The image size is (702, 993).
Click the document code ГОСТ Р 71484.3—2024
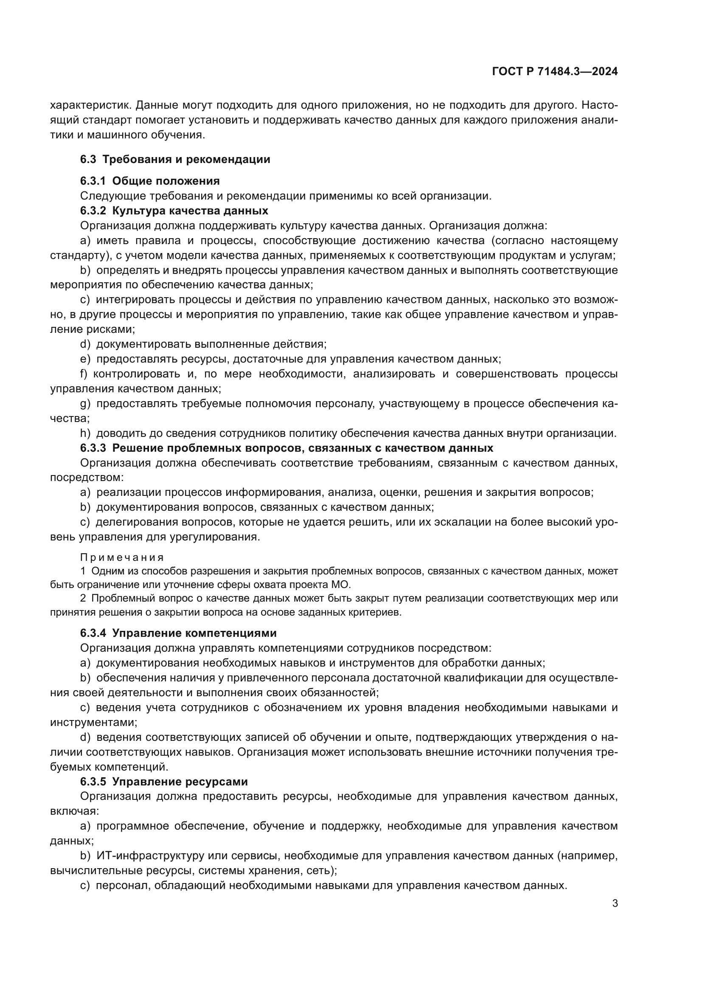555,72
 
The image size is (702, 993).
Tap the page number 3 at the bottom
615,903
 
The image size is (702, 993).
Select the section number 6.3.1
93,181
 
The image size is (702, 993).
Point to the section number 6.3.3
93,448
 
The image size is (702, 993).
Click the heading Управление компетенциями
194,633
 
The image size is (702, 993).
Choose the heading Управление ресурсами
180,782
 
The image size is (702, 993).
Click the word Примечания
122,558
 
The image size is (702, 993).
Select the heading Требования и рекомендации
186,160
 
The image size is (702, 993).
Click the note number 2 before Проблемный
83,599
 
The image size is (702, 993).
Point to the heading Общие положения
166,181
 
